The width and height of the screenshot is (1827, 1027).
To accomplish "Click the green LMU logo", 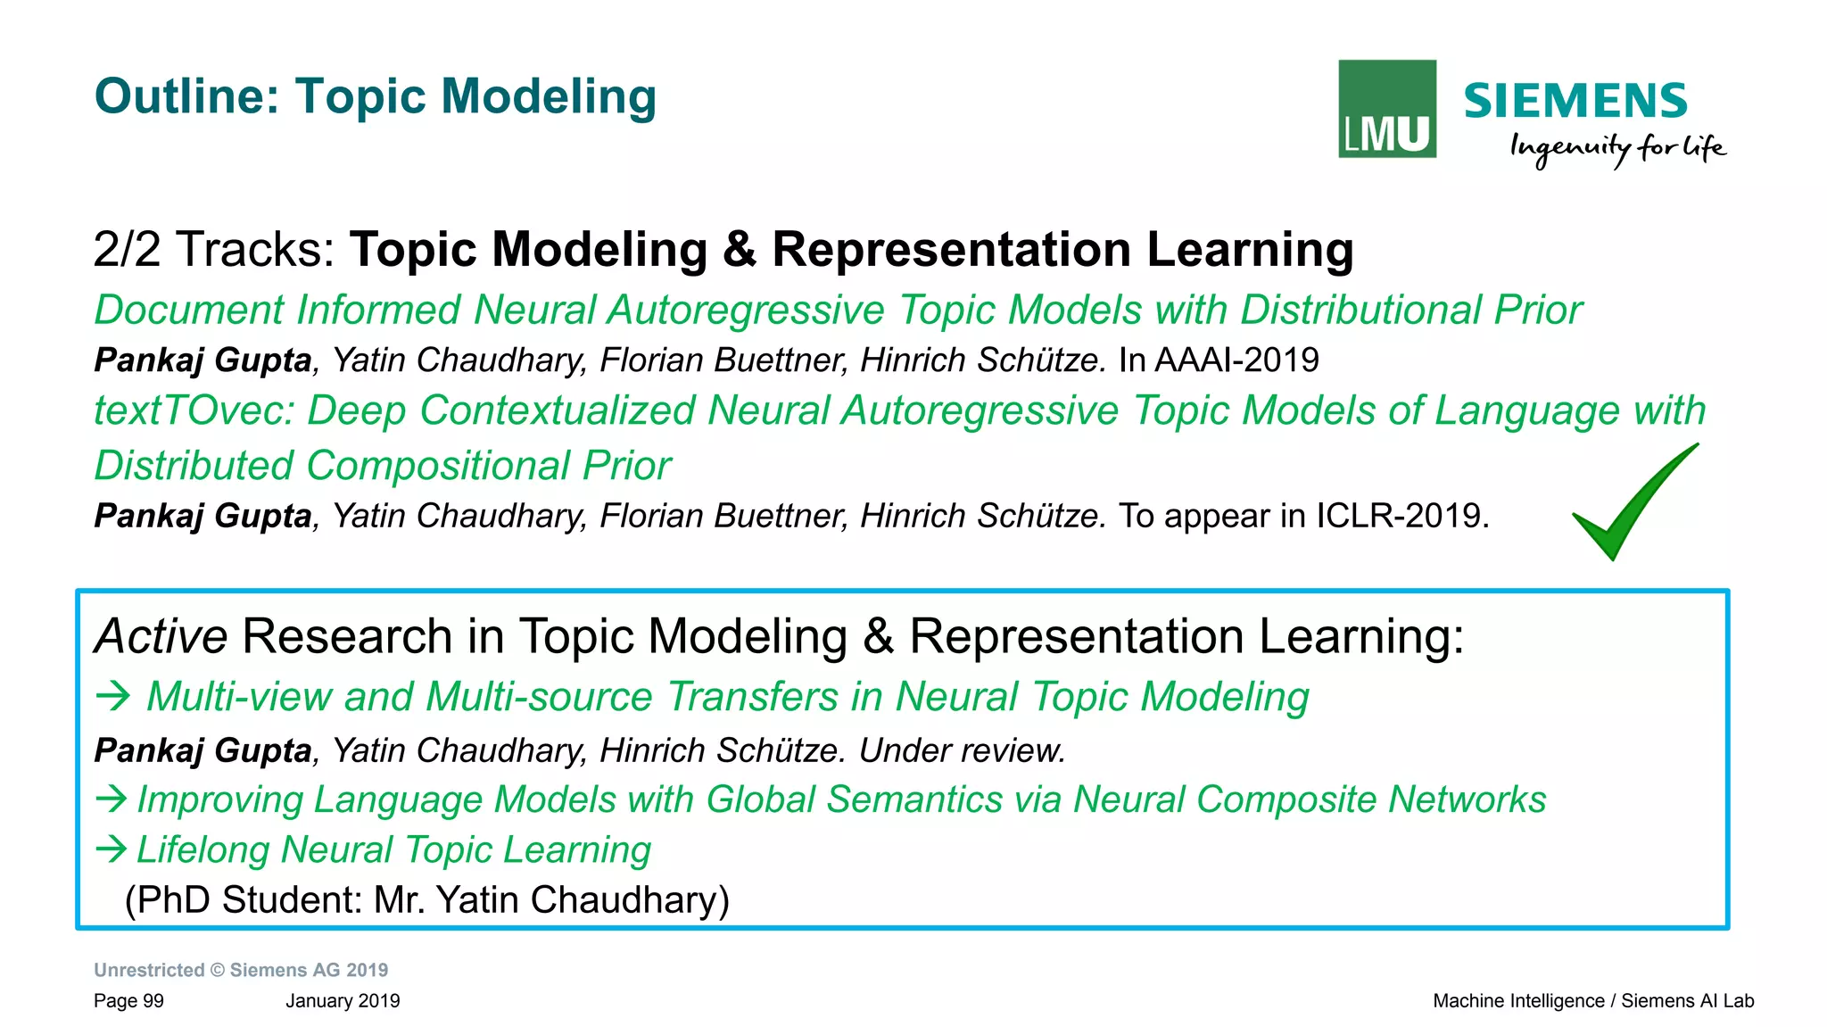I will (x=1386, y=109).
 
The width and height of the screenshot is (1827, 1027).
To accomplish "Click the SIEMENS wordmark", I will (x=1575, y=101).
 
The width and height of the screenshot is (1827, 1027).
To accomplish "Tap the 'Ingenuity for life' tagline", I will (x=1616, y=148).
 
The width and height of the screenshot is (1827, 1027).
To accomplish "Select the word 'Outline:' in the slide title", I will (x=187, y=96).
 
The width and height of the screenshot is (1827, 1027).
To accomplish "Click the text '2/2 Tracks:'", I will (x=214, y=249).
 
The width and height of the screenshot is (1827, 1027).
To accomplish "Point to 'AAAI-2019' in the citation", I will (x=1236, y=360).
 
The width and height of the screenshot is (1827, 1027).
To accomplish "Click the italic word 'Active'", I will (x=161, y=637).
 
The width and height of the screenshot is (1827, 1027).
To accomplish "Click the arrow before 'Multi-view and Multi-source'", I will (x=113, y=696).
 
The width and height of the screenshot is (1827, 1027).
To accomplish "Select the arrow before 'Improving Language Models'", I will (x=111, y=799).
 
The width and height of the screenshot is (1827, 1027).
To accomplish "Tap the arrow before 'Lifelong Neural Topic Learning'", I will (x=111, y=849).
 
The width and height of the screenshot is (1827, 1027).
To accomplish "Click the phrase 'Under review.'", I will (x=962, y=750).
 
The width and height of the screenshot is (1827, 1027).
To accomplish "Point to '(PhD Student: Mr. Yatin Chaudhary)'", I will (x=426, y=899).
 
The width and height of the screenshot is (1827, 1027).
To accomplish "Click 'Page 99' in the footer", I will (x=128, y=1001).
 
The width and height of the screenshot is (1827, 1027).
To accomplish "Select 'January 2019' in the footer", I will (x=343, y=1001).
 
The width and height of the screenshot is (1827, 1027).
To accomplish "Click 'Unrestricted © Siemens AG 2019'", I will (x=241, y=970).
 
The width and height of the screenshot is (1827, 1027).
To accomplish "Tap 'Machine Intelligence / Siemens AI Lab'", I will (x=1592, y=1001).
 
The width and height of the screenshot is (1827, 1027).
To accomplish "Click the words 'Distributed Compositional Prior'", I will (x=383, y=466).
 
